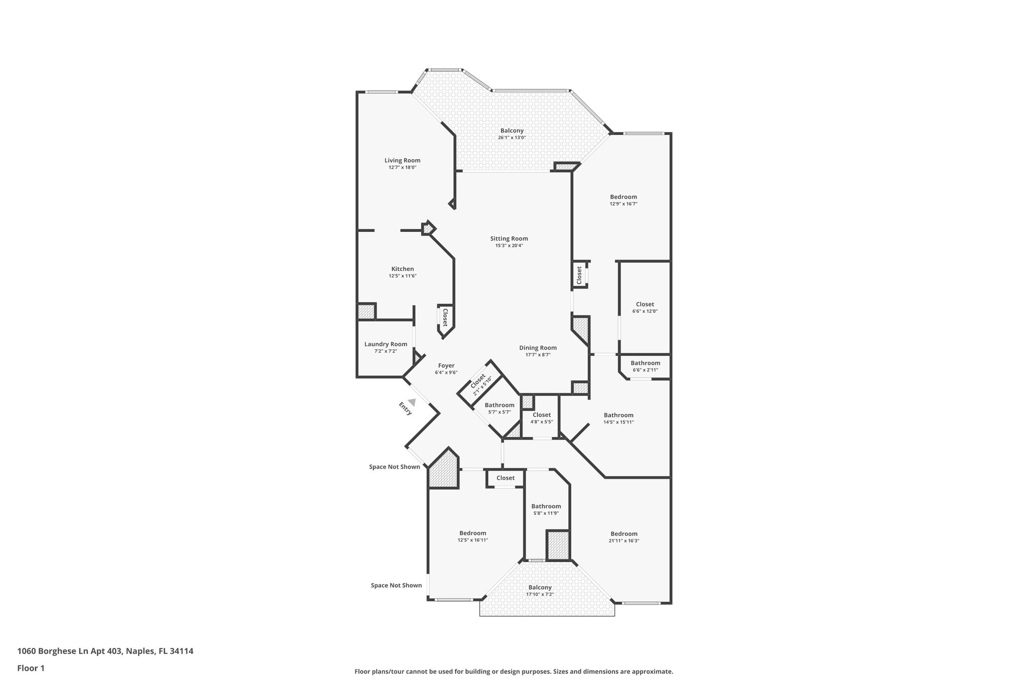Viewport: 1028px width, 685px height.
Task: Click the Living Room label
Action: point(403,161)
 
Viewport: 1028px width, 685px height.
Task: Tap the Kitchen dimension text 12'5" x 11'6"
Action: point(403,276)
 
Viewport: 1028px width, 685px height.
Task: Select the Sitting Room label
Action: point(509,239)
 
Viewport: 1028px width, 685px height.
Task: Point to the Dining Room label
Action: point(538,348)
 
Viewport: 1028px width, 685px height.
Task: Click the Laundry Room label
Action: point(385,344)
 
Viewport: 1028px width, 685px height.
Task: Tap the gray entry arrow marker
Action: point(412,402)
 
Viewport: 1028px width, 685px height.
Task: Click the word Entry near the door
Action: point(406,408)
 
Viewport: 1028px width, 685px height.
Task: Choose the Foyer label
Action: point(446,366)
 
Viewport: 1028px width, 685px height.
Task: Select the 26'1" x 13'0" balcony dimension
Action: point(512,138)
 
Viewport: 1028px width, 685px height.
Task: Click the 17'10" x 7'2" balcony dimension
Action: point(540,594)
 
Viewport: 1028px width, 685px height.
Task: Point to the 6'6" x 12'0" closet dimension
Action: point(645,311)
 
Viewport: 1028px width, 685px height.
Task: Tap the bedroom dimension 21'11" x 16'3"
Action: point(624,541)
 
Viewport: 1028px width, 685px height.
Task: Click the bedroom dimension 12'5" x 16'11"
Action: point(473,540)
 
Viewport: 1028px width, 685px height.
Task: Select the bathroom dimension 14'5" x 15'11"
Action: point(618,422)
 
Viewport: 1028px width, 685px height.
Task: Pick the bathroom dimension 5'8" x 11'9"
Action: point(546,513)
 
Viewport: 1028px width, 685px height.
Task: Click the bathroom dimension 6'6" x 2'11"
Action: point(646,370)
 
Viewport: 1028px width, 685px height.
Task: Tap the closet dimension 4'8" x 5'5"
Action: point(542,422)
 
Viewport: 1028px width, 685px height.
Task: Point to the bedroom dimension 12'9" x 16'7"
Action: point(623,204)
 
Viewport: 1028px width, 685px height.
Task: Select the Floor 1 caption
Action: point(31,668)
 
